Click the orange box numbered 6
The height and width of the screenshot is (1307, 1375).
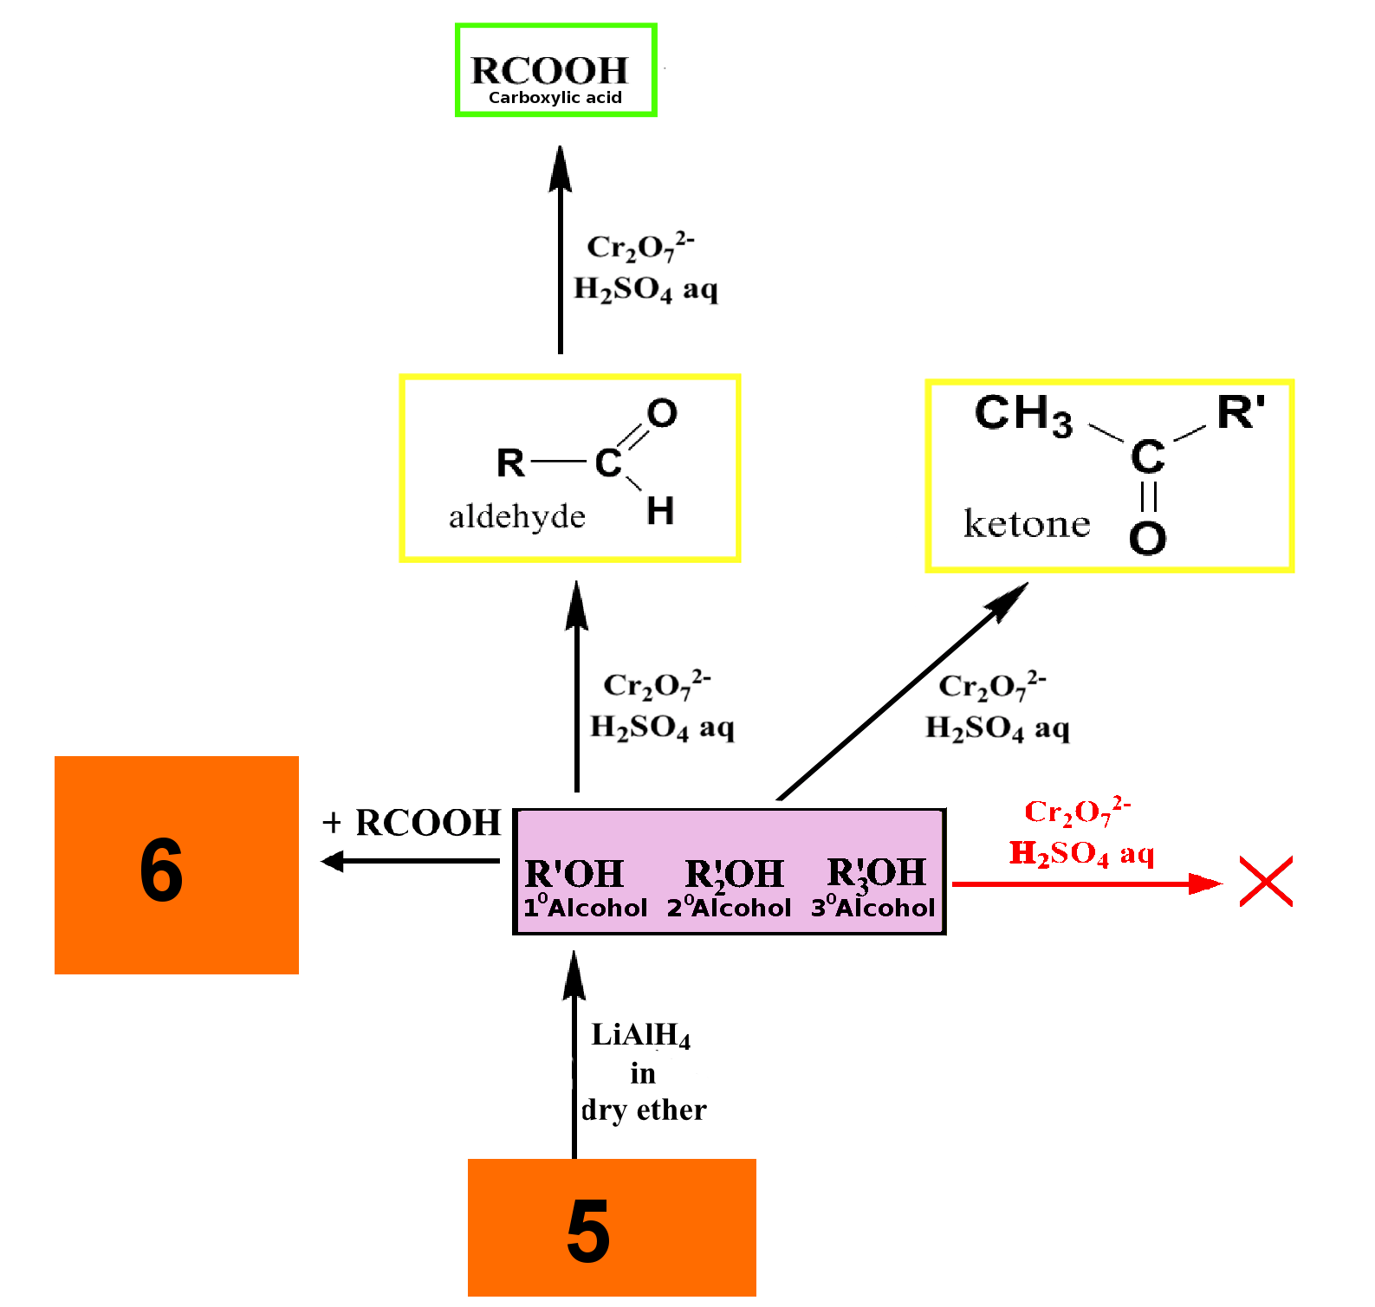(177, 864)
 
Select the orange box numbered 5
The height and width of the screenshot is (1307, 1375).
(612, 1227)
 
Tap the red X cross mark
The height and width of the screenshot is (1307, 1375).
(1266, 882)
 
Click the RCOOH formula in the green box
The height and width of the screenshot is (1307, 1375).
(549, 70)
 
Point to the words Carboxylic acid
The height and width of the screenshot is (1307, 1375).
(555, 98)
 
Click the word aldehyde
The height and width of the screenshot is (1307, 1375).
(517, 517)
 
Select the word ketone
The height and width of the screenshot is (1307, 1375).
(1027, 524)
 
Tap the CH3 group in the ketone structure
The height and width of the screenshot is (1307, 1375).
(1023, 414)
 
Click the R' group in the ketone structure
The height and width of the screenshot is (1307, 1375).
(1241, 412)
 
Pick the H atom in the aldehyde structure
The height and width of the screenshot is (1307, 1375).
(660, 511)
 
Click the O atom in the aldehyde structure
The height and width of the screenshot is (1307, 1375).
(662, 413)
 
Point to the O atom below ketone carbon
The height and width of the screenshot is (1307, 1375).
(1148, 538)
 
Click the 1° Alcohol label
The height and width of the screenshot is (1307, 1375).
(585, 907)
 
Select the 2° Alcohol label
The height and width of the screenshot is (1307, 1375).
(729, 907)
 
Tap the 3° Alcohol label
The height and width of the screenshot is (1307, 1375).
(872, 907)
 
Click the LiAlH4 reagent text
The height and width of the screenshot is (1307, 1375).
(641, 1035)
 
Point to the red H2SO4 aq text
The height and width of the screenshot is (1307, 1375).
(1081, 854)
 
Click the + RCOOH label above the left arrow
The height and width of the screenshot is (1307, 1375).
(411, 823)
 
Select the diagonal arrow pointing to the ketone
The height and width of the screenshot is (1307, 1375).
(903, 690)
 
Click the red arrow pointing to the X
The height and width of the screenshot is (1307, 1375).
(1087, 883)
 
